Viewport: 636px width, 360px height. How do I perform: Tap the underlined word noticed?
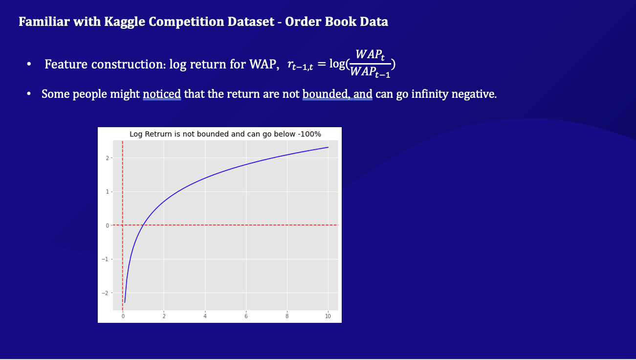[x=162, y=94]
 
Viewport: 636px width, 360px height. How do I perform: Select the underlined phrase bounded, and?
[x=337, y=94]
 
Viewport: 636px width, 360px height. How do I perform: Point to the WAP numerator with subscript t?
[x=370, y=55]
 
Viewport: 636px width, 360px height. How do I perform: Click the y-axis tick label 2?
[x=107, y=158]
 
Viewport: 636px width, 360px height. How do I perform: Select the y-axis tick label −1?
[x=105, y=259]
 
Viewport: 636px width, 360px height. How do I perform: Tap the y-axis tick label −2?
[x=105, y=292]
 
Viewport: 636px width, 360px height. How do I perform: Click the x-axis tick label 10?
[x=328, y=316]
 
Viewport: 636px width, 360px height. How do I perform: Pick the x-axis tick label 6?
[x=246, y=316]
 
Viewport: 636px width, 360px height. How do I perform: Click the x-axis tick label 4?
[x=205, y=316]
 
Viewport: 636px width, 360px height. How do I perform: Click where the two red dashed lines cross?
[x=122, y=225]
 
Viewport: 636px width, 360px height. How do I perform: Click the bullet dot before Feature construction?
[x=30, y=64]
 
